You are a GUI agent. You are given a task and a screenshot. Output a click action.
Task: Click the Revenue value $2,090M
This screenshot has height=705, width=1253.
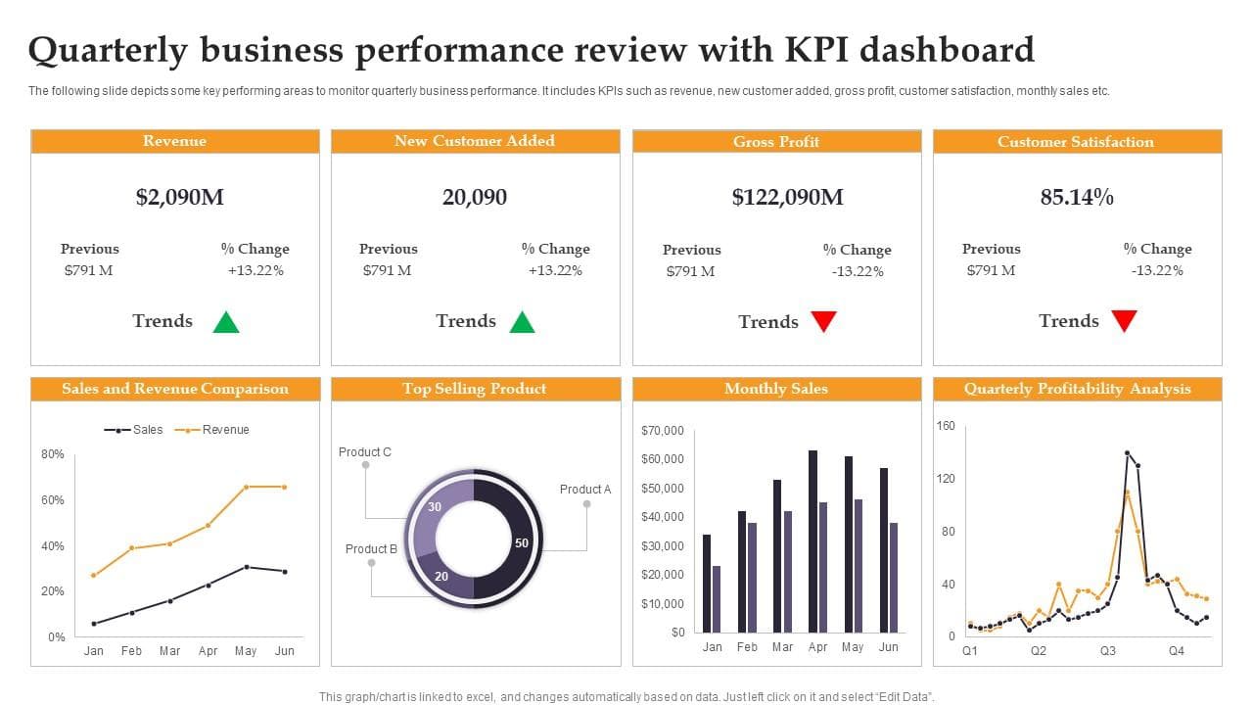[x=180, y=197]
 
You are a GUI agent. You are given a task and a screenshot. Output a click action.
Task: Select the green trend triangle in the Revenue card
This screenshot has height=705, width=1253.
[x=226, y=322]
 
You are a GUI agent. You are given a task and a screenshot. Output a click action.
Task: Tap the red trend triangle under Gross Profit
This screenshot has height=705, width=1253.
[x=824, y=321]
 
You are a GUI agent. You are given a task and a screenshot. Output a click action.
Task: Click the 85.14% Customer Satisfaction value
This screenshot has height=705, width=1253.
[x=1077, y=197]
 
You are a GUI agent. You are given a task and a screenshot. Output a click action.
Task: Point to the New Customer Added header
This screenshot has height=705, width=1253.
[x=475, y=141]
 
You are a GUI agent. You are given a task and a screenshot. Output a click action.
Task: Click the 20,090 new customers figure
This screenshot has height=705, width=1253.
[x=475, y=197]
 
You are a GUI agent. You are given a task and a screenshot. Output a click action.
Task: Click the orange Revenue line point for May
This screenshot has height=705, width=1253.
[x=247, y=487]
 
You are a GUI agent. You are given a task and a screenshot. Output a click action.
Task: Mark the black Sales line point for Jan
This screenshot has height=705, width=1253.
[x=94, y=624]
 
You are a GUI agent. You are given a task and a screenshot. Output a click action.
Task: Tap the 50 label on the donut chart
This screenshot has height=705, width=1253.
[x=522, y=542]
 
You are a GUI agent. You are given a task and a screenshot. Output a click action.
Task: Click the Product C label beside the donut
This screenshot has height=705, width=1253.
[x=365, y=452]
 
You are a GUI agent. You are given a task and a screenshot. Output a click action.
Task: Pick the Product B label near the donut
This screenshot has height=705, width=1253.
[x=371, y=549]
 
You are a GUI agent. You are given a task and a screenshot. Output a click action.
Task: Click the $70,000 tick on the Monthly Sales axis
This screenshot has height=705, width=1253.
[x=663, y=431]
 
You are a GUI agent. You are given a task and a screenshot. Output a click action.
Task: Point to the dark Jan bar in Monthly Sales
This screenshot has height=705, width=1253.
[x=707, y=583]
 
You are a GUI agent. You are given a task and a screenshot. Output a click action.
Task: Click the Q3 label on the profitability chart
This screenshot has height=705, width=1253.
[x=1108, y=651]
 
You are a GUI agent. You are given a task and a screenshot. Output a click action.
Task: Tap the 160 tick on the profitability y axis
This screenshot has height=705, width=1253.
[x=945, y=426]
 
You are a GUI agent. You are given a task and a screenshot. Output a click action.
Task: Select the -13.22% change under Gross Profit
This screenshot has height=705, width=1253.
[x=858, y=271]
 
